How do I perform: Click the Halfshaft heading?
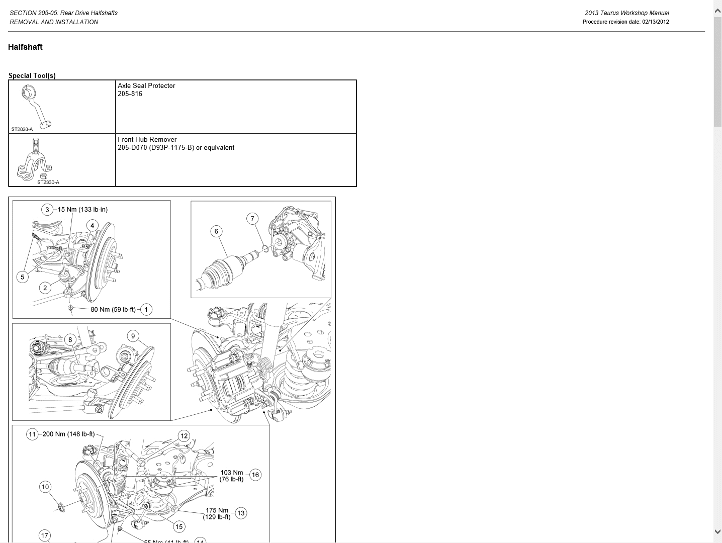click(25, 47)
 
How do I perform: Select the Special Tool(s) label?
click(32, 75)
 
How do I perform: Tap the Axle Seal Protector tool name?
click(146, 85)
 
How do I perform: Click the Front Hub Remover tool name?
click(147, 139)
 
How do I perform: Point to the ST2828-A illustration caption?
click(22, 129)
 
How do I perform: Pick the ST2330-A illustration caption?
click(48, 182)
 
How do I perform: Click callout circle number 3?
click(47, 210)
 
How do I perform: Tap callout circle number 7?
click(252, 219)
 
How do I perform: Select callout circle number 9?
click(133, 336)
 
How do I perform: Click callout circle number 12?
click(184, 436)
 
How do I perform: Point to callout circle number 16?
click(255, 475)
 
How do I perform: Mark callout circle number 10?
click(45, 487)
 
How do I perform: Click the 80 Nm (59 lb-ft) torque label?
click(113, 310)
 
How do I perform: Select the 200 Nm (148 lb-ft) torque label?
click(68, 434)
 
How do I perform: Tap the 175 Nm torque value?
click(217, 510)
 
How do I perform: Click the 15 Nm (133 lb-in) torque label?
click(82, 210)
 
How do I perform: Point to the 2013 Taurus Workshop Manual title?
click(626, 13)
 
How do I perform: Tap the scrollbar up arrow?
click(717, 11)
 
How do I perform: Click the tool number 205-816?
click(130, 94)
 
